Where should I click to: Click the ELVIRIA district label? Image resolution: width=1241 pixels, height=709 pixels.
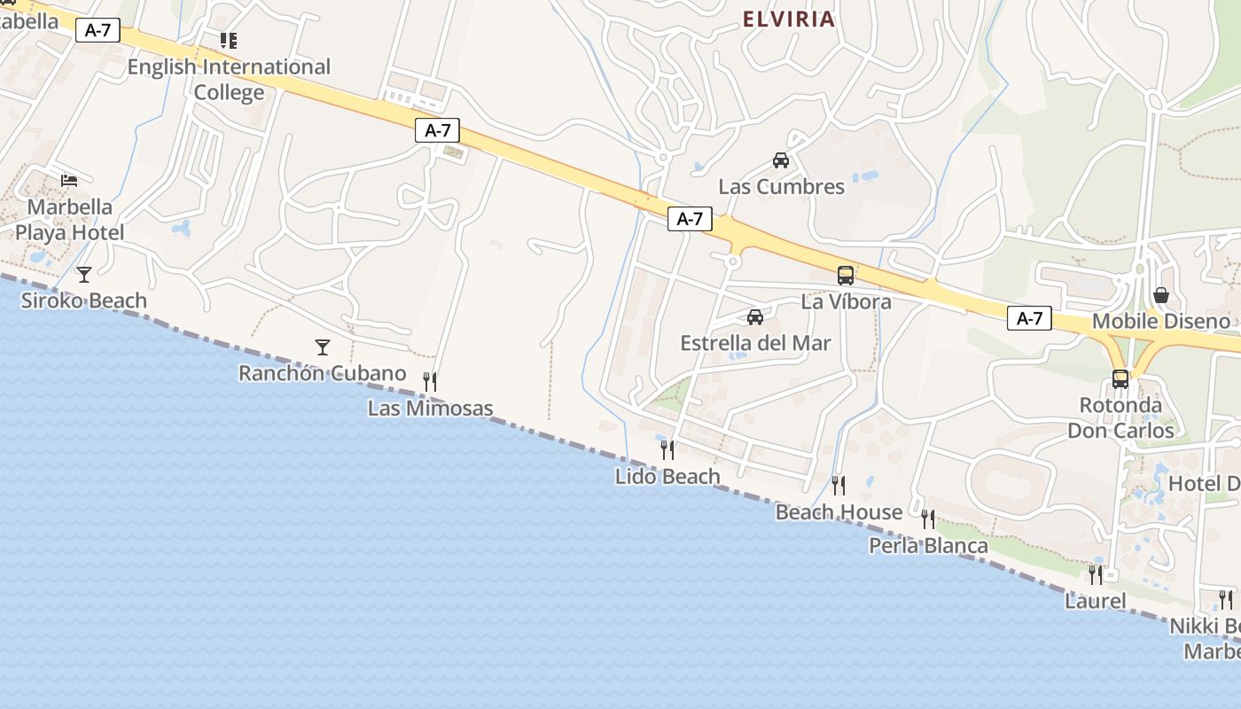[789, 19]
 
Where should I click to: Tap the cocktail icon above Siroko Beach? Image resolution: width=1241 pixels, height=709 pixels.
[84, 275]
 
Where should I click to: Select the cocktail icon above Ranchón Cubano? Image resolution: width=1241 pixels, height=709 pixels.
[323, 347]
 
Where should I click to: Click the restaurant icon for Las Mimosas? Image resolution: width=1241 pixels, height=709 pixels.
[430, 382]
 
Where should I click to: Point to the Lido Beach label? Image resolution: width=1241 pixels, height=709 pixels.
[667, 477]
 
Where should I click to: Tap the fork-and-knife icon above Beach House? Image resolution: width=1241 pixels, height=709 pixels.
[838, 485]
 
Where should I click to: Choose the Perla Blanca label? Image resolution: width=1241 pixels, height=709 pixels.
[928, 546]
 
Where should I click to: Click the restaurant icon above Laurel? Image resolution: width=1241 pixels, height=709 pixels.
[1096, 575]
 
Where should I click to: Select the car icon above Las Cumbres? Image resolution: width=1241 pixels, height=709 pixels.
[781, 160]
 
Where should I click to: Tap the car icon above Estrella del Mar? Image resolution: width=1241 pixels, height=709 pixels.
[755, 317]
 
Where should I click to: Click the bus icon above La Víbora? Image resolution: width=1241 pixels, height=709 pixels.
[846, 276]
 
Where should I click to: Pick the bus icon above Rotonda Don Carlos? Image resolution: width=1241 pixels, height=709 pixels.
[1120, 379]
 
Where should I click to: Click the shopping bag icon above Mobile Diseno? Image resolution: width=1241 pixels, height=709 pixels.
[1160, 295]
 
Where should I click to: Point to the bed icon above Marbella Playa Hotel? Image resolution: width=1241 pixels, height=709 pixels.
[69, 181]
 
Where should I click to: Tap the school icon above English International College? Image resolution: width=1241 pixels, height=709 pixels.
[229, 41]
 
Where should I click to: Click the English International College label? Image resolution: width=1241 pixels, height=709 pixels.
[229, 80]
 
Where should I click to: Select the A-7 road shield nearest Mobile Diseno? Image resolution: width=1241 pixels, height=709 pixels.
[1029, 318]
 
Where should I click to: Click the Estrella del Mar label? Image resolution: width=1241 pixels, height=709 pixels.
[755, 343]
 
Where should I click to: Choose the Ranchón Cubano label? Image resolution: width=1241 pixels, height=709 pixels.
[322, 373]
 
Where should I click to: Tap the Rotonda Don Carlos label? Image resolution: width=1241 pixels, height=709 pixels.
[1120, 418]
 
